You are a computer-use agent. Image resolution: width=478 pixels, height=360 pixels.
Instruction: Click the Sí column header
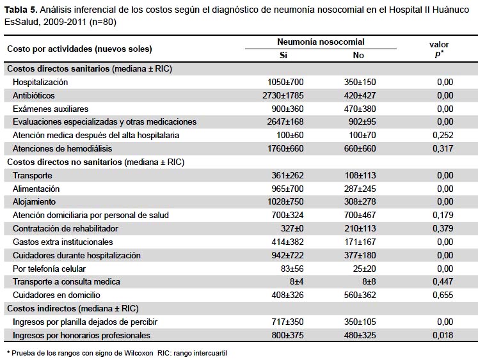point(283,55)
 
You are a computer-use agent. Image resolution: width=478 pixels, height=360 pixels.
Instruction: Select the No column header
point(358,55)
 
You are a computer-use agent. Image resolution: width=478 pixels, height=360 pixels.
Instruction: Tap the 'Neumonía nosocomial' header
point(321,42)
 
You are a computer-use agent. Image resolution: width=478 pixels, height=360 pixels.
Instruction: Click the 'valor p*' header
point(439,49)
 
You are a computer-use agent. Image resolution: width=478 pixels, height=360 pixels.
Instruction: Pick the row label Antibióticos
point(33,95)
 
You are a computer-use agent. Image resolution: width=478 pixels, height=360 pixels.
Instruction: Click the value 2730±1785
point(283,95)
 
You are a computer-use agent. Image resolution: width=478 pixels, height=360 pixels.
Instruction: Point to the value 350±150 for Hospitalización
point(360,82)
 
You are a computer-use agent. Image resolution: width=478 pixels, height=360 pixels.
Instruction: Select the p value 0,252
point(443,135)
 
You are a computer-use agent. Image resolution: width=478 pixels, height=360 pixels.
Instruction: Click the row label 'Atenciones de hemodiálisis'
point(62,148)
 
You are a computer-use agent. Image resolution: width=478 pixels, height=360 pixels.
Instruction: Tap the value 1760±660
point(285,148)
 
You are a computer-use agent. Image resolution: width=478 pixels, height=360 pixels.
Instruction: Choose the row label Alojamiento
point(34,201)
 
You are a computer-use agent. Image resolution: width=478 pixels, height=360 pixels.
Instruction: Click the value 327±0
point(292,228)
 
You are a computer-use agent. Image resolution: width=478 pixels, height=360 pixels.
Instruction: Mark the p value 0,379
point(443,228)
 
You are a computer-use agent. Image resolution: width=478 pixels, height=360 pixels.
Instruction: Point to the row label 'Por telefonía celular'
point(49,269)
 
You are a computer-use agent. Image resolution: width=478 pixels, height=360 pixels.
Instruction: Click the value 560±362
point(360,295)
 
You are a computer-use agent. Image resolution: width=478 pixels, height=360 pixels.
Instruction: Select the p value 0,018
point(443,335)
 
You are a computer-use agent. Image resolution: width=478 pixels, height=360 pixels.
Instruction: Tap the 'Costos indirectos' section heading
point(42,309)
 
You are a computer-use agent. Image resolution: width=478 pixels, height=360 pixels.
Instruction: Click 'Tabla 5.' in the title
point(20,10)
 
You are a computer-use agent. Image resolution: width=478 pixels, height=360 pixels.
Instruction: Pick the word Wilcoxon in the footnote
point(138,354)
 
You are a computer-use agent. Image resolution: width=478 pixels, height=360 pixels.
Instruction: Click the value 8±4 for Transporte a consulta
point(297,282)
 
